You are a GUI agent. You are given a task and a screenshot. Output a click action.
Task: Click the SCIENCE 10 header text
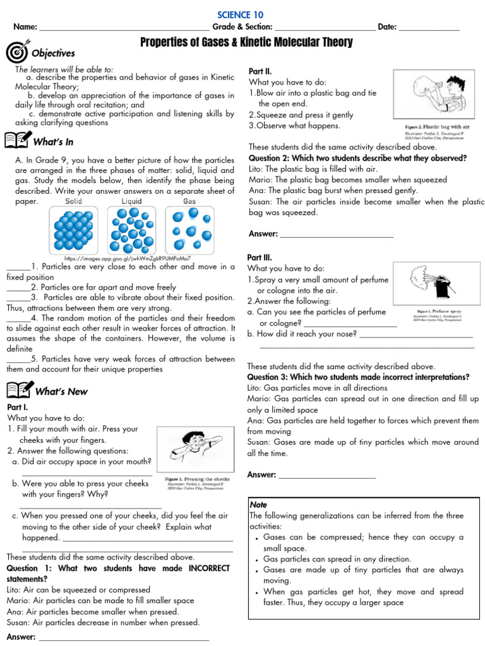click(x=240, y=15)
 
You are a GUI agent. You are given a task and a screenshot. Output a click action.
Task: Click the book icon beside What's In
click(x=18, y=142)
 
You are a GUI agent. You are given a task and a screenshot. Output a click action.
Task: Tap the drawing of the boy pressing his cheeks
click(x=196, y=449)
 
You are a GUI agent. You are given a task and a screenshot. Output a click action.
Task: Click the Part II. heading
click(x=260, y=71)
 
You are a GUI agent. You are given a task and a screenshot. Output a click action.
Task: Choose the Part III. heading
click(x=261, y=257)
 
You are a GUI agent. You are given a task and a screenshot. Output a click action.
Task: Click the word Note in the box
click(x=259, y=505)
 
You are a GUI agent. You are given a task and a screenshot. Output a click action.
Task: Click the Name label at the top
click(x=25, y=27)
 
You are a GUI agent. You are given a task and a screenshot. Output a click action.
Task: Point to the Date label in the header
click(x=387, y=27)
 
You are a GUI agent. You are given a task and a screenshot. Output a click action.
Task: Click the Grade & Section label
click(x=242, y=27)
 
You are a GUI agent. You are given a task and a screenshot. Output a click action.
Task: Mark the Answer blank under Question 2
click(x=336, y=235)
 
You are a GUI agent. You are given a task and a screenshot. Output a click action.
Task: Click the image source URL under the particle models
click(x=128, y=259)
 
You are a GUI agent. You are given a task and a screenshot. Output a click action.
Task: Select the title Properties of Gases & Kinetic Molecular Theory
click(x=246, y=42)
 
